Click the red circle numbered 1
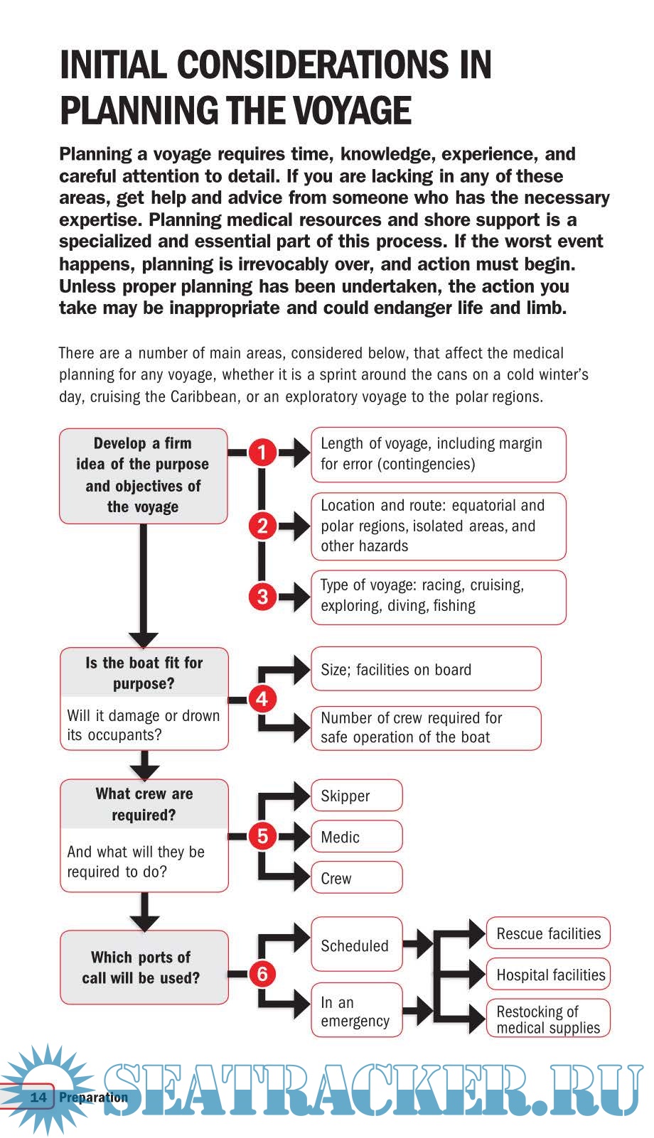pyautogui.click(x=262, y=453)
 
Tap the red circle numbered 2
pyautogui.click(x=262, y=526)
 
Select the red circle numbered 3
pyautogui.click(x=262, y=596)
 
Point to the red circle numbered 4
pyautogui.click(x=262, y=699)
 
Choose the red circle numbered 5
pyautogui.click(x=262, y=836)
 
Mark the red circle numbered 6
pyautogui.click(x=262, y=973)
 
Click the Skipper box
pyautogui.click(x=356, y=796)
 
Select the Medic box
pyautogui.click(x=356, y=837)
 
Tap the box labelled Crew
pyautogui.click(x=356, y=878)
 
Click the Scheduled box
pyautogui.click(x=356, y=945)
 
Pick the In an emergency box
pyautogui.click(x=356, y=1011)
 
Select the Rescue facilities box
pyautogui.click(x=548, y=933)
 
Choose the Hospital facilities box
pyautogui.click(x=548, y=975)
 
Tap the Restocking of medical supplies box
pyautogui.click(x=548, y=1019)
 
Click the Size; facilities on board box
pyautogui.click(x=425, y=669)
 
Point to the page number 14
pyautogui.click(x=38, y=1097)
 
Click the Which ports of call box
pyautogui.click(x=144, y=967)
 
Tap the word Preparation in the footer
pyautogui.click(x=93, y=1097)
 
